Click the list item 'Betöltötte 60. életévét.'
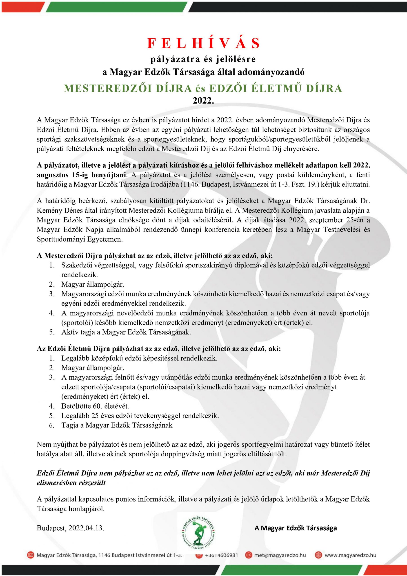pos(95,406)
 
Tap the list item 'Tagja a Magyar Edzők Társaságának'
pos(117,425)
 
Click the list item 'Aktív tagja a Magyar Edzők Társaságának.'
pos(126,332)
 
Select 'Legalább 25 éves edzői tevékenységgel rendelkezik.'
pos(140,416)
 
